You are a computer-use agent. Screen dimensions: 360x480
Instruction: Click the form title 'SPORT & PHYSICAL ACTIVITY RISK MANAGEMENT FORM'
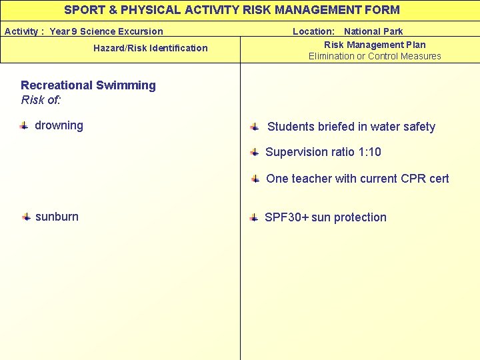(232, 10)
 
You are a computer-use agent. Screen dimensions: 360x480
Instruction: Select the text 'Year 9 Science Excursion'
(106, 31)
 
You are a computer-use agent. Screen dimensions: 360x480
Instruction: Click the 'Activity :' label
(25, 31)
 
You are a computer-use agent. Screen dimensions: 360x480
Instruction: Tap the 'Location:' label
(313, 31)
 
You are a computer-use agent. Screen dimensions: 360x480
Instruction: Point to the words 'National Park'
(373, 31)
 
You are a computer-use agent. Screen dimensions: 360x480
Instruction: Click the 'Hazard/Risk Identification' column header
(150, 48)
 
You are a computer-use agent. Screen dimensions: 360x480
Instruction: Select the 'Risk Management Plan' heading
(375, 45)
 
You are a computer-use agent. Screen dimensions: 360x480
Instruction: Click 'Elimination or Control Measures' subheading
(375, 56)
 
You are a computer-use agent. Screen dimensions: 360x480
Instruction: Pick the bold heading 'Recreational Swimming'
(88, 85)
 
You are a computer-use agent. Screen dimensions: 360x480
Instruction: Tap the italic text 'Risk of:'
(41, 100)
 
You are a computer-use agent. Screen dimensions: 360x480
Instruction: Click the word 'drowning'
(59, 125)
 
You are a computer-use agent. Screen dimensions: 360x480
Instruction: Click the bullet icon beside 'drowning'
(23, 125)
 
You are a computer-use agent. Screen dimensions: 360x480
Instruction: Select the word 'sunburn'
(57, 217)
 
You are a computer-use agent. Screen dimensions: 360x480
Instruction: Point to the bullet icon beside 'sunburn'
(25, 217)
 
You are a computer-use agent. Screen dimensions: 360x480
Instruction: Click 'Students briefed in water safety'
(351, 127)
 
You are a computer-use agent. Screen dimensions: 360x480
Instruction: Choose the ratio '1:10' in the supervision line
(369, 152)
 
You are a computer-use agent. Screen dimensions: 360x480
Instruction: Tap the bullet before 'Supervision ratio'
(255, 153)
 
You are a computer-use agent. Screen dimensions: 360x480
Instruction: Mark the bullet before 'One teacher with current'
(255, 179)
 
